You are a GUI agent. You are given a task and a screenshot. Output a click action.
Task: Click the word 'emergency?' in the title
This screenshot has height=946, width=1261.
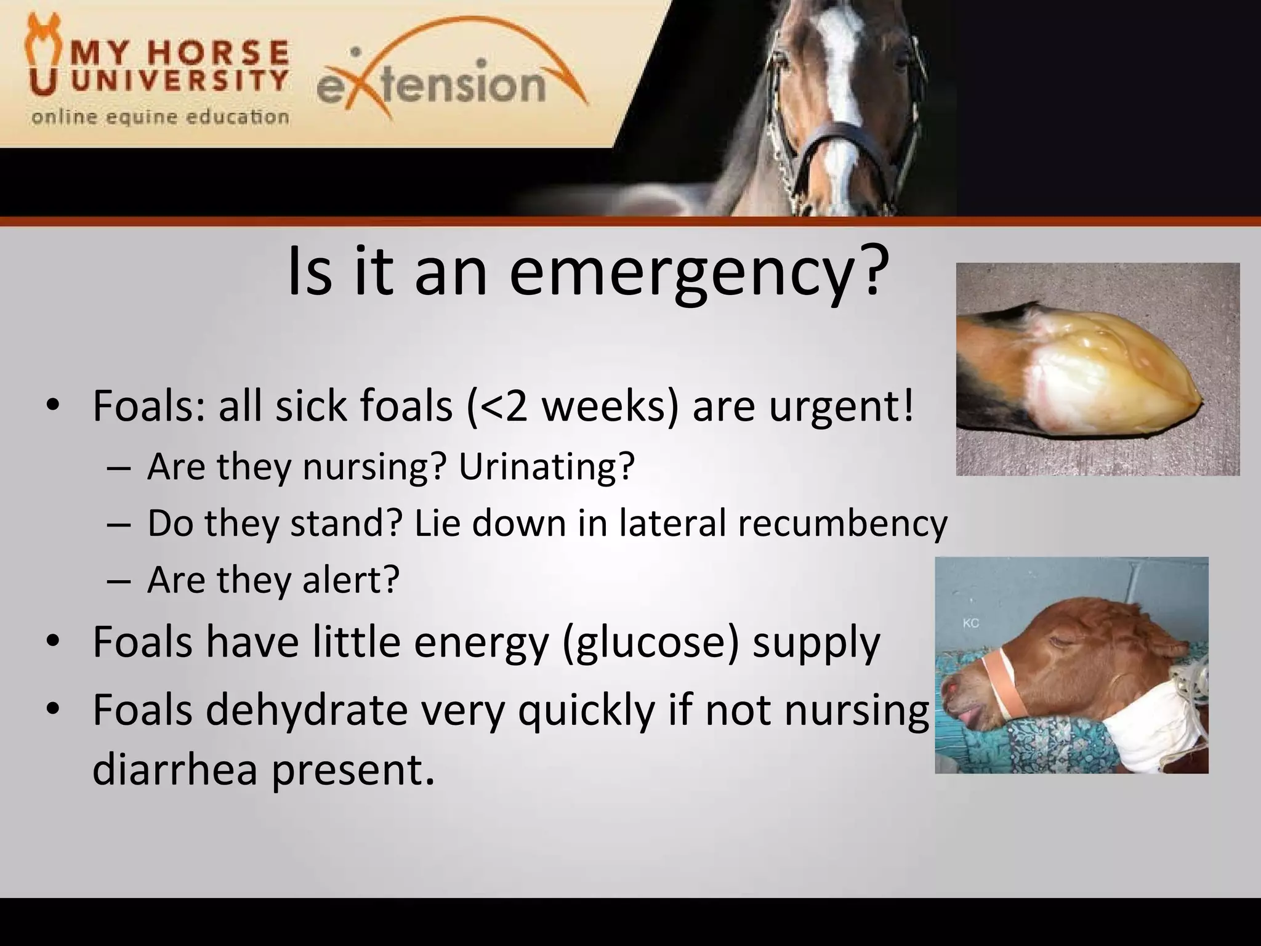click(x=699, y=273)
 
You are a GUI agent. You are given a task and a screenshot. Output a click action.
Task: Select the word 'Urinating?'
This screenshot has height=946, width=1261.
click(x=546, y=466)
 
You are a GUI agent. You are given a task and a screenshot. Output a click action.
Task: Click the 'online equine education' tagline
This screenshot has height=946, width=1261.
click(x=160, y=116)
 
